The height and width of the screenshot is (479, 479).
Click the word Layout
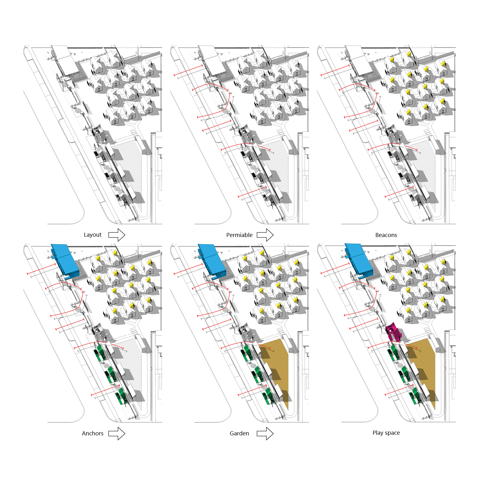click(x=93, y=235)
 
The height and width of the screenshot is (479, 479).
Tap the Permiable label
click(x=239, y=235)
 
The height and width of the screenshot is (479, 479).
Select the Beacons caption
click(x=386, y=235)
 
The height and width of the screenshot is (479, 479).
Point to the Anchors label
click(x=93, y=433)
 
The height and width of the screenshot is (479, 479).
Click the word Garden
click(x=239, y=433)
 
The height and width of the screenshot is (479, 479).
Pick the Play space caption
click(x=386, y=433)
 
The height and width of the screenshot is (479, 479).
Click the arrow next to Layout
click(x=117, y=235)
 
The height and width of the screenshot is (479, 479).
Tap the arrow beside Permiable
click(x=265, y=235)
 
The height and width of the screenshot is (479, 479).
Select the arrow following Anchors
click(x=117, y=433)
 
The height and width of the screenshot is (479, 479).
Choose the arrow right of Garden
click(x=265, y=433)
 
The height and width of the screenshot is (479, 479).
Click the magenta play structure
click(x=393, y=332)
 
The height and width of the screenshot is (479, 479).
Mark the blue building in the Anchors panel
click(x=65, y=261)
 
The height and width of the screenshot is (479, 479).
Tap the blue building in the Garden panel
click(x=212, y=261)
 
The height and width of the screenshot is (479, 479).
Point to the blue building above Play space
click(x=359, y=261)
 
